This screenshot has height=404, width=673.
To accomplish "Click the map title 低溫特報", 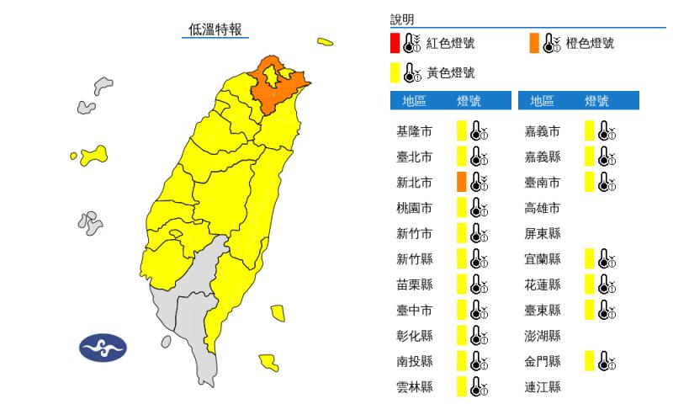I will [216, 29].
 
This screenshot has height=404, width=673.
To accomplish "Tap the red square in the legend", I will [395, 43].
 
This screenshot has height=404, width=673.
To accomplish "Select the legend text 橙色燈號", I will [590, 43].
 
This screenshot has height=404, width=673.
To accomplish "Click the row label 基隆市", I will [413, 131].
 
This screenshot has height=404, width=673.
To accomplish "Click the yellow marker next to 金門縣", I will [590, 361].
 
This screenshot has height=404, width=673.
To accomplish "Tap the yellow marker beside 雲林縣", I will [461, 387].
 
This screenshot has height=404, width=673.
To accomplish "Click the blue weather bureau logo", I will [102, 347].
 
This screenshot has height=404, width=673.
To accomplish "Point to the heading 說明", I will [402, 19].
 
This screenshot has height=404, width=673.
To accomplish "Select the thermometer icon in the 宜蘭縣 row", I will [607, 259].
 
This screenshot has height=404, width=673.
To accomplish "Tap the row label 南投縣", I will [413, 361].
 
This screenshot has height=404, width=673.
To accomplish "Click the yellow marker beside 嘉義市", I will [590, 131].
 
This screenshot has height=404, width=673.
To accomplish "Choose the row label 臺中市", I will [413, 310].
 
